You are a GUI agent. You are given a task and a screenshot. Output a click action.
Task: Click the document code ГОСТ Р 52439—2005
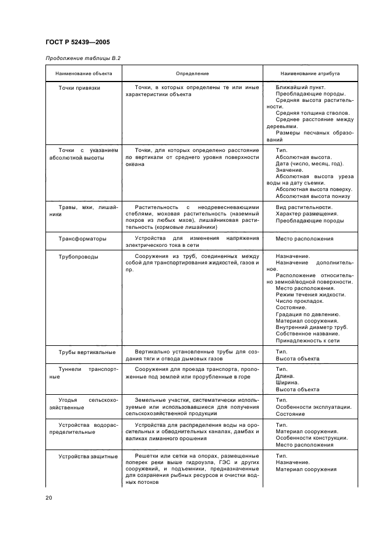pyautogui.click(x=77, y=43)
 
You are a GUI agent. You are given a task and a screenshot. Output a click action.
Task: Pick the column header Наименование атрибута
pyautogui.click(x=310, y=74)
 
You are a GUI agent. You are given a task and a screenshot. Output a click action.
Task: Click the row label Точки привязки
pyautogui.click(x=79, y=87)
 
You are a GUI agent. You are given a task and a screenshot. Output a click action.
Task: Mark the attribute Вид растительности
pyautogui.click(x=303, y=208)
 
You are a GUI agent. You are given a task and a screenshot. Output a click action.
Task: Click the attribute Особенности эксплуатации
pyautogui.click(x=313, y=408)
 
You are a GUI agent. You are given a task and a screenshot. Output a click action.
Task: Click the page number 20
pyautogui.click(x=49, y=498)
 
